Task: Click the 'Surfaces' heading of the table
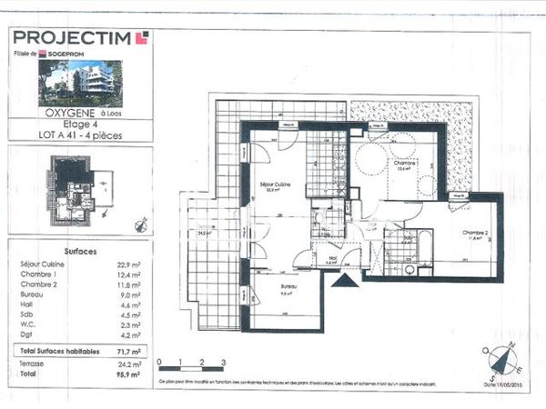pyautogui.click(x=82, y=251)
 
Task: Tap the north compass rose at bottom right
pyautogui.click(x=503, y=361)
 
